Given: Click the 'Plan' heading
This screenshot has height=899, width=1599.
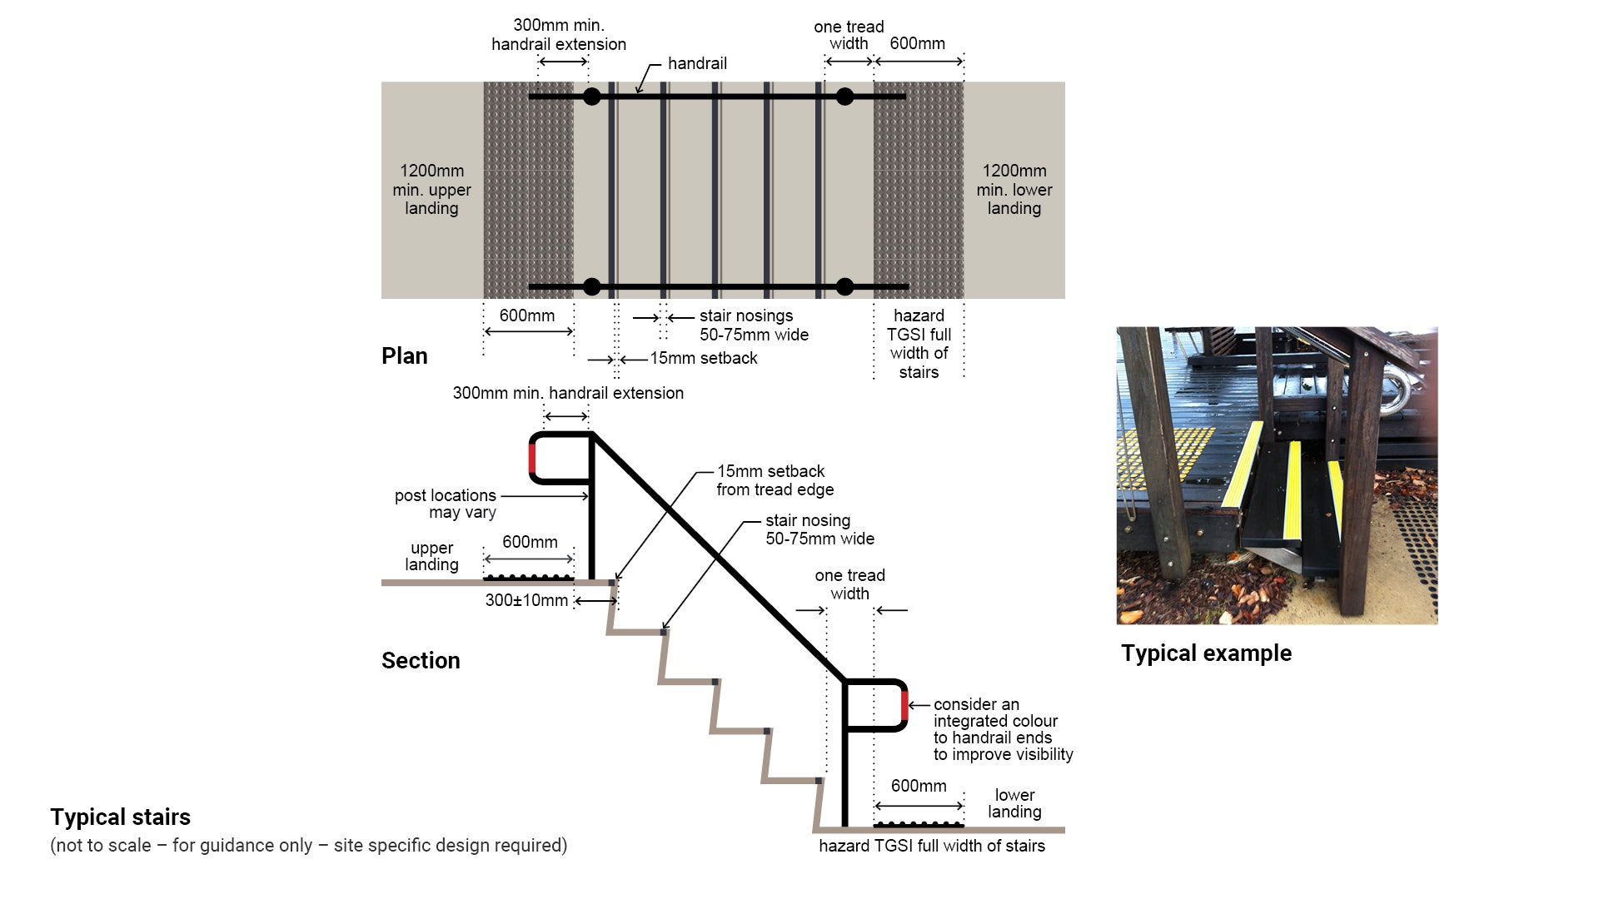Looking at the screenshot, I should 404,356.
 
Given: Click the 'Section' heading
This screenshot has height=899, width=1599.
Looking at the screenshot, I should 420,661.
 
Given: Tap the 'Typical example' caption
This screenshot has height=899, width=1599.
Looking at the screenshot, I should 1206,653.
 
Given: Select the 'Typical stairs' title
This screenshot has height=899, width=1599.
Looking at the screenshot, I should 120,817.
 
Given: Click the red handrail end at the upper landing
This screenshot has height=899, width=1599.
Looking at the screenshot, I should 532,458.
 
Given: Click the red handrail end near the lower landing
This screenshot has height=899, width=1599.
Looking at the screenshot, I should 904,706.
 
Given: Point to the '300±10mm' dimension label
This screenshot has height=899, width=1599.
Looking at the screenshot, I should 526,601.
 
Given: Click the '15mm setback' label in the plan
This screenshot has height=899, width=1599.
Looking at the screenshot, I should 704,359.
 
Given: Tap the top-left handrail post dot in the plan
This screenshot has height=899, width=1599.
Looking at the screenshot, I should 591,97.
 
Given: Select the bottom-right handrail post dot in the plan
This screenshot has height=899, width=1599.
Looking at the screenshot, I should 844,287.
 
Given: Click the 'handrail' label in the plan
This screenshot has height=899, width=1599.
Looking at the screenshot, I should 697,64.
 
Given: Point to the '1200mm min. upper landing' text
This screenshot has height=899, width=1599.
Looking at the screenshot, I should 431,190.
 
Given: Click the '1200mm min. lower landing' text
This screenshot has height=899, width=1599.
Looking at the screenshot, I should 1014,190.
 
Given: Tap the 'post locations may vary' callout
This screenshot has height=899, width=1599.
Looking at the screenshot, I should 446,504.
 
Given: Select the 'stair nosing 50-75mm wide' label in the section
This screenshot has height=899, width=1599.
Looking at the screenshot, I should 819,529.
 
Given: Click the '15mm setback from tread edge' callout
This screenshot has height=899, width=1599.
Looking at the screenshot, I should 775,480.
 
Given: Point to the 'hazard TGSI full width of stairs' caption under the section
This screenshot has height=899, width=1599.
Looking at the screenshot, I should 931,847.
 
